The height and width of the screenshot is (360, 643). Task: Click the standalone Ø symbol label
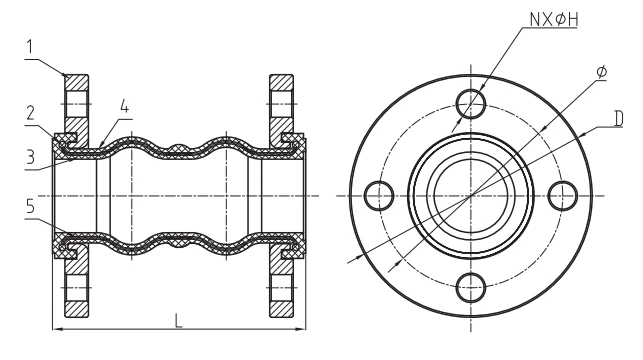(599, 73)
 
